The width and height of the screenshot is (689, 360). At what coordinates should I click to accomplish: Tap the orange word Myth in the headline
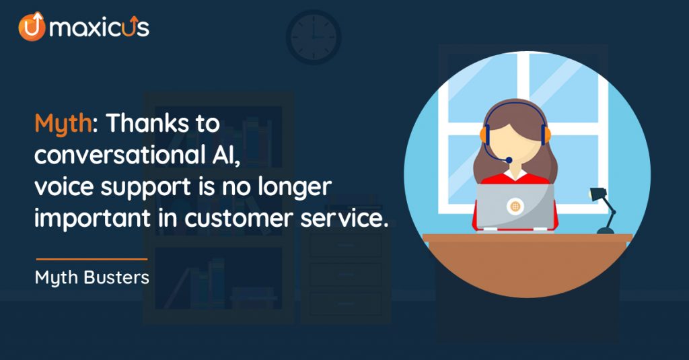coord(63,124)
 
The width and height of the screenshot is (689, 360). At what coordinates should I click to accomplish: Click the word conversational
coord(120,155)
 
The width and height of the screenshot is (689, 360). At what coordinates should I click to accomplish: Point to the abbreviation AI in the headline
coord(226,155)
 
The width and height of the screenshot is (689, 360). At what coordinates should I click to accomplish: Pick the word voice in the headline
coord(64,187)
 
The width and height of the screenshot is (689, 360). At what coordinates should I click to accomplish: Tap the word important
coord(93,219)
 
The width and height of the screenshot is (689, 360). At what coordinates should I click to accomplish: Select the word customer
coord(239,219)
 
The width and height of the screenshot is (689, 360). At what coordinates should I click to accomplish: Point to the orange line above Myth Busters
coord(92,259)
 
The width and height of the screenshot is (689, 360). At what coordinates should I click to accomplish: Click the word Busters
coord(116,277)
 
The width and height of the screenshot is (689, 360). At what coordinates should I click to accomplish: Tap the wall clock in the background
coord(314,37)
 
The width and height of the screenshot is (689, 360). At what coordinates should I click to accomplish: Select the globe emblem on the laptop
coord(515,206)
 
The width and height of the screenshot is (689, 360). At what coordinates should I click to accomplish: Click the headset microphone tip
coord(509,160)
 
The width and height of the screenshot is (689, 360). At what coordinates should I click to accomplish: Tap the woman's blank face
coord(515,146)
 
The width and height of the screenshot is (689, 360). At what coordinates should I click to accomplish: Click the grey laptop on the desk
coord(515,207)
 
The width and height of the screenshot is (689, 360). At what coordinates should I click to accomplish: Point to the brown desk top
coord(528,238)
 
